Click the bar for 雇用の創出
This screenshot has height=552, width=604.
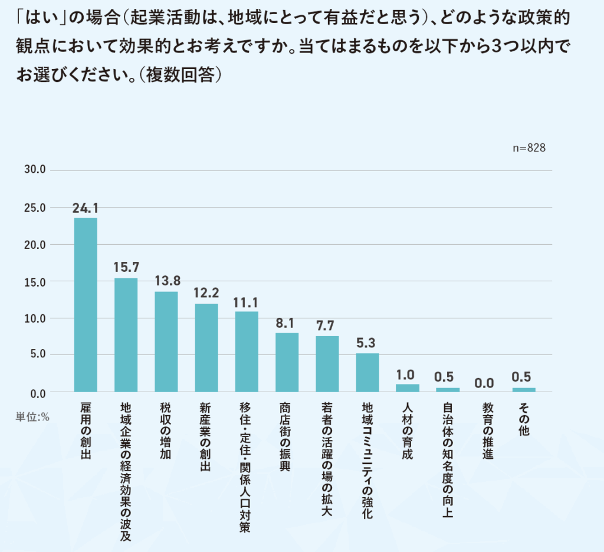pos(86,304)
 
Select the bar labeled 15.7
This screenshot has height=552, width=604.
pos(126,334)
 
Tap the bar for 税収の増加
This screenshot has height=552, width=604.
pos(166,341)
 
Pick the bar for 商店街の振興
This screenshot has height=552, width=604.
pos(287,362)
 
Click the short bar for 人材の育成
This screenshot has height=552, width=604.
pos(408,388)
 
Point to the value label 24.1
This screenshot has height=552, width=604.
pos(86,208)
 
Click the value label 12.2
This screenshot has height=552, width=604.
pos(206,293)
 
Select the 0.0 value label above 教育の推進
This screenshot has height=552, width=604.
pos(484,383)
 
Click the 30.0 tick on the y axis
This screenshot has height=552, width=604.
pos(34,170)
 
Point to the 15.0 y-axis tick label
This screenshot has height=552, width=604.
pos(34,281)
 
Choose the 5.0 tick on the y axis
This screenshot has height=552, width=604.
pos(36,355)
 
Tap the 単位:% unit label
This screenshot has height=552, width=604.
pos(32,416)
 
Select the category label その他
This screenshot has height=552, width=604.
pos(523,419)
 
